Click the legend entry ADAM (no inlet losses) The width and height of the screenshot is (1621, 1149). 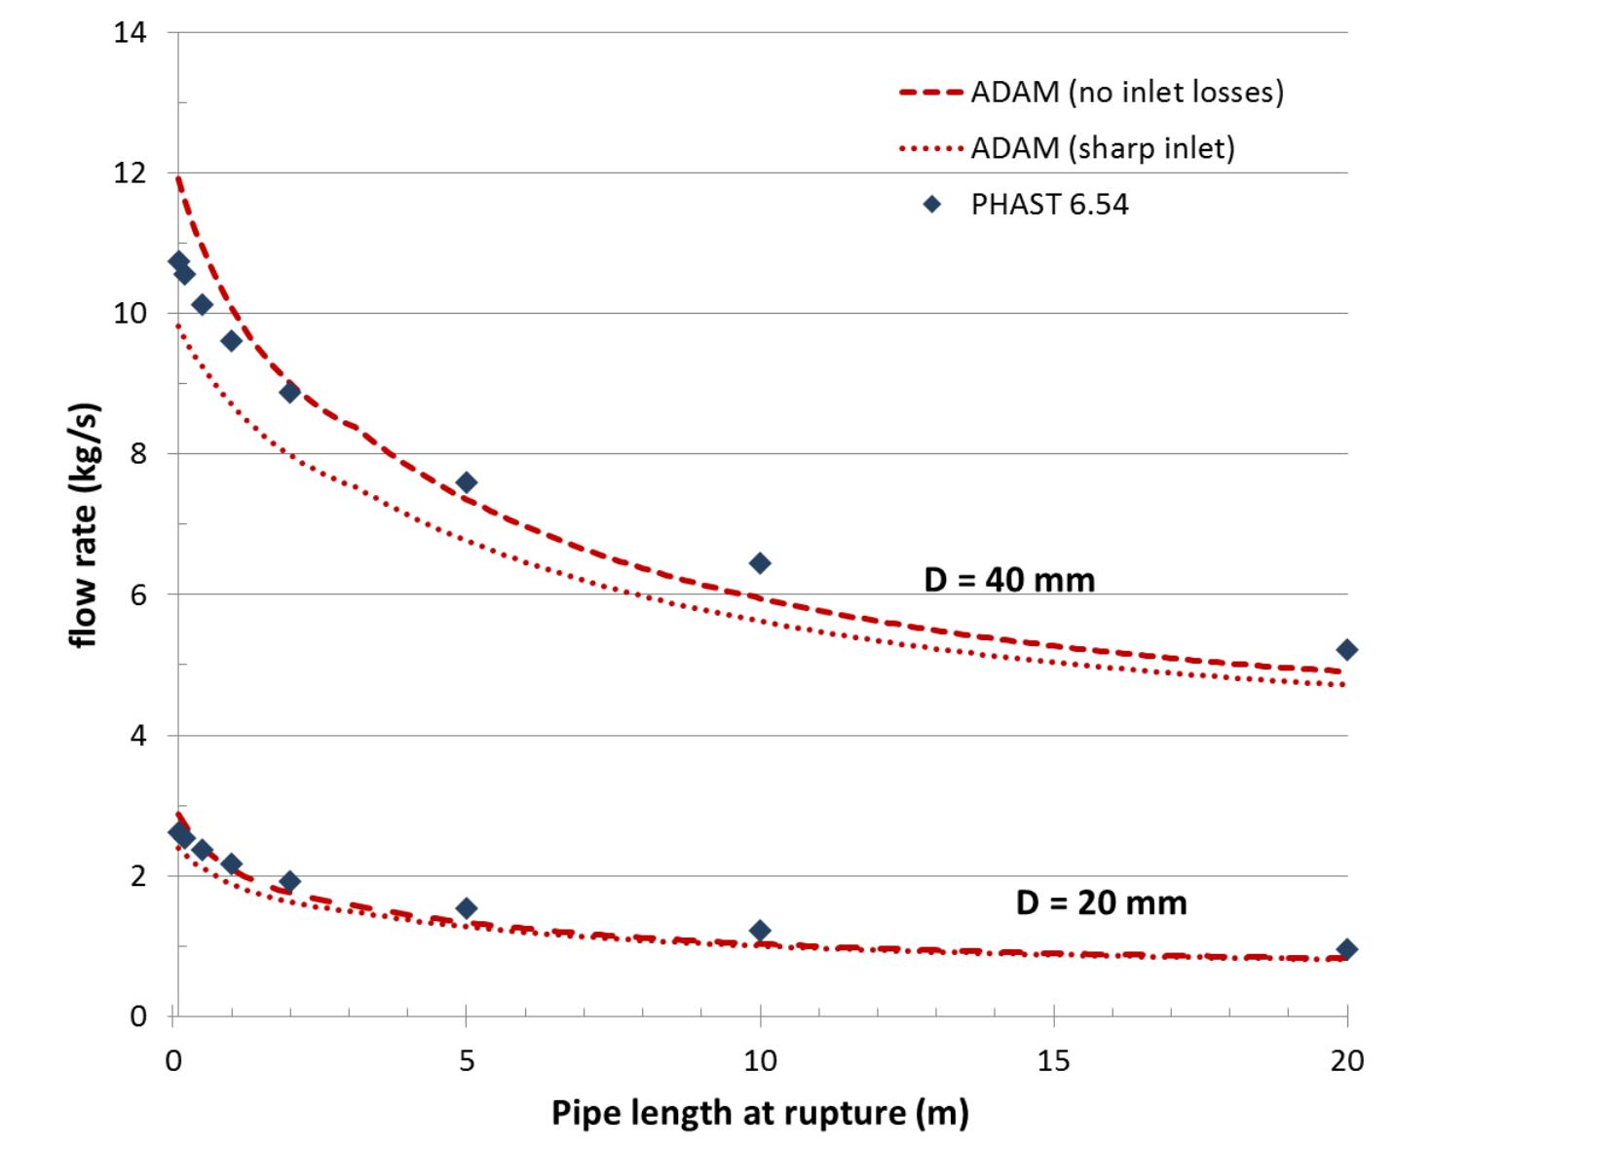[1126, 92]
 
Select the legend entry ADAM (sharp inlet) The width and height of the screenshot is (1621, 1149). [1102, 148]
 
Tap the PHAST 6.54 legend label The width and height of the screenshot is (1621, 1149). [1049, 205]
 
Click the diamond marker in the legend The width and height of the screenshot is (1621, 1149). [932, 205]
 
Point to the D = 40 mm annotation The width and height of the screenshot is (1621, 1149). [1009, 580]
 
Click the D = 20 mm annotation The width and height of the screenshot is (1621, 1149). [1101, 902]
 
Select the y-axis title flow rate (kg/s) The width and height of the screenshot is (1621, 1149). [86, 524]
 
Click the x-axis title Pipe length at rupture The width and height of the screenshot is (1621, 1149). [760, 1112]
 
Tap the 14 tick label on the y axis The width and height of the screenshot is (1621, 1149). [130, 33]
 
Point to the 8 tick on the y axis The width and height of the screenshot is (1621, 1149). [137, 454]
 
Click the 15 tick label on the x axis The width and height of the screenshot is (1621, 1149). [1054, 1060]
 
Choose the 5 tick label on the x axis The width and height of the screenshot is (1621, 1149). [467, 1060]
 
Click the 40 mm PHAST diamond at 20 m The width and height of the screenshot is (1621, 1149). [1347, 650]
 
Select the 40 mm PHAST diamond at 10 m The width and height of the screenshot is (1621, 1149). [760, 563]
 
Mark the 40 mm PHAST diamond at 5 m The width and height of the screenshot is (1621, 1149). [467, 482]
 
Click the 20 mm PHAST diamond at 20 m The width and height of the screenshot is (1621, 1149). [1347, 949]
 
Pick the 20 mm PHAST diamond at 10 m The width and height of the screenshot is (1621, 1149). [760, 931]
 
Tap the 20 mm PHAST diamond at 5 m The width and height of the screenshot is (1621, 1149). [467, 908]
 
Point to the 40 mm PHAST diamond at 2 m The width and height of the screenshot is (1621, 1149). [289, 392]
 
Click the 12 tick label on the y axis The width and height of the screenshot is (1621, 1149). [130, 173]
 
